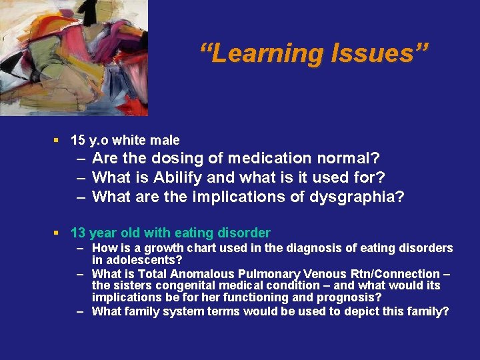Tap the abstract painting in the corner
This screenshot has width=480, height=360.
click(73, 57)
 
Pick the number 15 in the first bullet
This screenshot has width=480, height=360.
click(77, 140)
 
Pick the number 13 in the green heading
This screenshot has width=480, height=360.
click(78, 233)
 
